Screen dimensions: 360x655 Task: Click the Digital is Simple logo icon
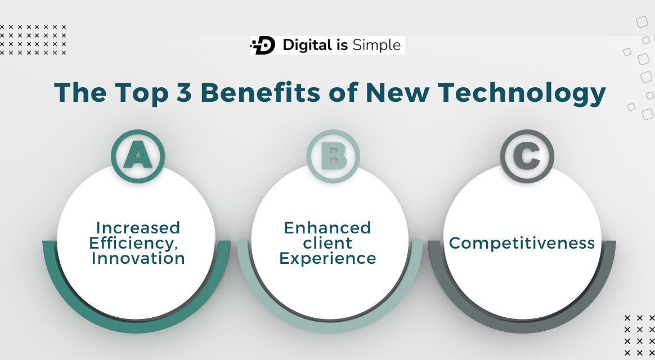point(263,46)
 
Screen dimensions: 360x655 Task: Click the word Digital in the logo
point(307,46)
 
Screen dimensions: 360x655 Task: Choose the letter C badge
point(527,156)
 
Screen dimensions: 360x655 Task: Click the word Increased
point(138,228)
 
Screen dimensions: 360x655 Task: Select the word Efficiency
point(135,243)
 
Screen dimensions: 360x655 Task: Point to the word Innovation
point(138,258)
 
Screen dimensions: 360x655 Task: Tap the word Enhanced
point(327,228)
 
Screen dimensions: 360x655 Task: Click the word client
point(327,243)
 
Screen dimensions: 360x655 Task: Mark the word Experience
point(327,258)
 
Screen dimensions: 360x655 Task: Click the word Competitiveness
point(522,243)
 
